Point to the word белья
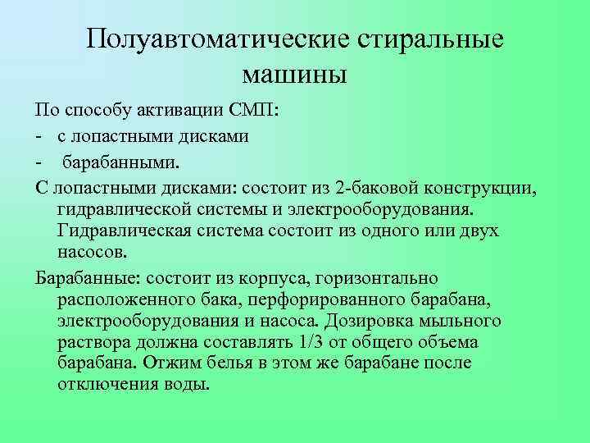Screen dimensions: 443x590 220,363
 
